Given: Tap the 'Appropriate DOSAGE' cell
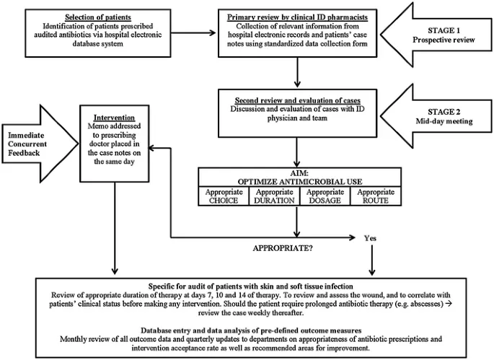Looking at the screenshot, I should (x=324, y=197).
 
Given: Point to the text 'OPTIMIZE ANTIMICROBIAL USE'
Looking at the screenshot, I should (x=297, y=181).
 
